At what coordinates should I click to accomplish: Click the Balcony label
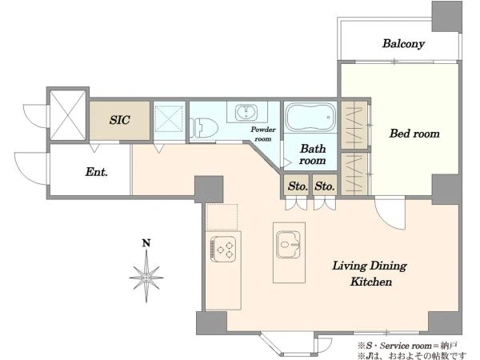[x=403, y=44]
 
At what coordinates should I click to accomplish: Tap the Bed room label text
[x=414, y=134]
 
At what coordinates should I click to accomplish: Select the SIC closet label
[x=120, y=120]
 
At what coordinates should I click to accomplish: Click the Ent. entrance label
[x=97, y=172]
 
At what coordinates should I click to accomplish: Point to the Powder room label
[x=263, y=134]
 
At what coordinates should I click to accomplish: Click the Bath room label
[x=312, y=154]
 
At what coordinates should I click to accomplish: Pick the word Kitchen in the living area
[x=371, y=282]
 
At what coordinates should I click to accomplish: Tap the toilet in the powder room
[x=203, y=128]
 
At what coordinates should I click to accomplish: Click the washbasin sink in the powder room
[x=246, y=112]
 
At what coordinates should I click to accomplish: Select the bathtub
[x=310, y=118]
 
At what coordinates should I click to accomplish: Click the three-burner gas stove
[x=223, y=249]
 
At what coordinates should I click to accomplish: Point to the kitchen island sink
[x=288, y=244]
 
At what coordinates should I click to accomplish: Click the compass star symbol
[x=146, y=277]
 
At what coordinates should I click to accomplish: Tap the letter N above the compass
[x=146, y=243]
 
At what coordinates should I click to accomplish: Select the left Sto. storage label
[x=298, y=186]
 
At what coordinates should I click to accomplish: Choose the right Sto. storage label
[x=325, y=186]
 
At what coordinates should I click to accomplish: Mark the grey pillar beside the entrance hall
[x=209, y=189]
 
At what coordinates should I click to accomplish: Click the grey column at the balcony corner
[x=446, y=16]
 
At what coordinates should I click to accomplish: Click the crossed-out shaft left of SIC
[x=68, y=115]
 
